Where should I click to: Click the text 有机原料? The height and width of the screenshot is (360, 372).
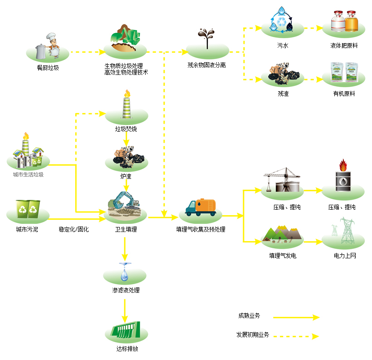[x=344, y=94]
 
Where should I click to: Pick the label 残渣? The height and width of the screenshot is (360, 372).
[x=283, y=94]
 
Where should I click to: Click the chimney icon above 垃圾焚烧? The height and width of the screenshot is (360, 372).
[x=127, y=105]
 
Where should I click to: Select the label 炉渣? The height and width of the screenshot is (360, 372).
[x=126, y=176]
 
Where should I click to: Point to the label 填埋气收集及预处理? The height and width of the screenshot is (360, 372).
[x=201, y=230]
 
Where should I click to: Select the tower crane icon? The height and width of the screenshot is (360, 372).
[x=283, y=180]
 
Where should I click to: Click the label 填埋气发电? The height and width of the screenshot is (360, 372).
[x=283, y=256]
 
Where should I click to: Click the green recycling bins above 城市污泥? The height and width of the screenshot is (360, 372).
[x=28, y=209]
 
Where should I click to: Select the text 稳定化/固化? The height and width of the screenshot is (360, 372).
[x=73, y=230]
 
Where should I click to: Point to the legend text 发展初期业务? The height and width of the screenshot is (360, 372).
[x=253, y=335]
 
